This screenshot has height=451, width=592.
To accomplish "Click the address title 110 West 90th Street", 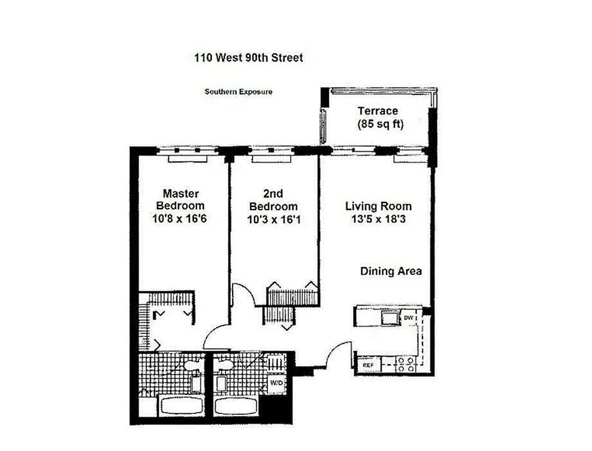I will pos(248,58).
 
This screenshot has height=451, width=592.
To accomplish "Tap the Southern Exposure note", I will pos(238,91).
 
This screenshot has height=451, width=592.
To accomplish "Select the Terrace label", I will pos(377,112).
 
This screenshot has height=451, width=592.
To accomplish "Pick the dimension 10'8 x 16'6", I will pos(180,219).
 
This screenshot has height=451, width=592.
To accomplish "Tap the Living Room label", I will pos(379,206).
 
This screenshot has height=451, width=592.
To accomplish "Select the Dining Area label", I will pos(391,272).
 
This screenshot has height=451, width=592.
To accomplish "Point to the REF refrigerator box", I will pos(367,365).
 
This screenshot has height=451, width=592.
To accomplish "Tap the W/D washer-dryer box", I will pos(277,383).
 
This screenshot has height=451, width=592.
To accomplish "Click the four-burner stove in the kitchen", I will pos(406,364).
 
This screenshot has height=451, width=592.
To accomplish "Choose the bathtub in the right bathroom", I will pos(235,405).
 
